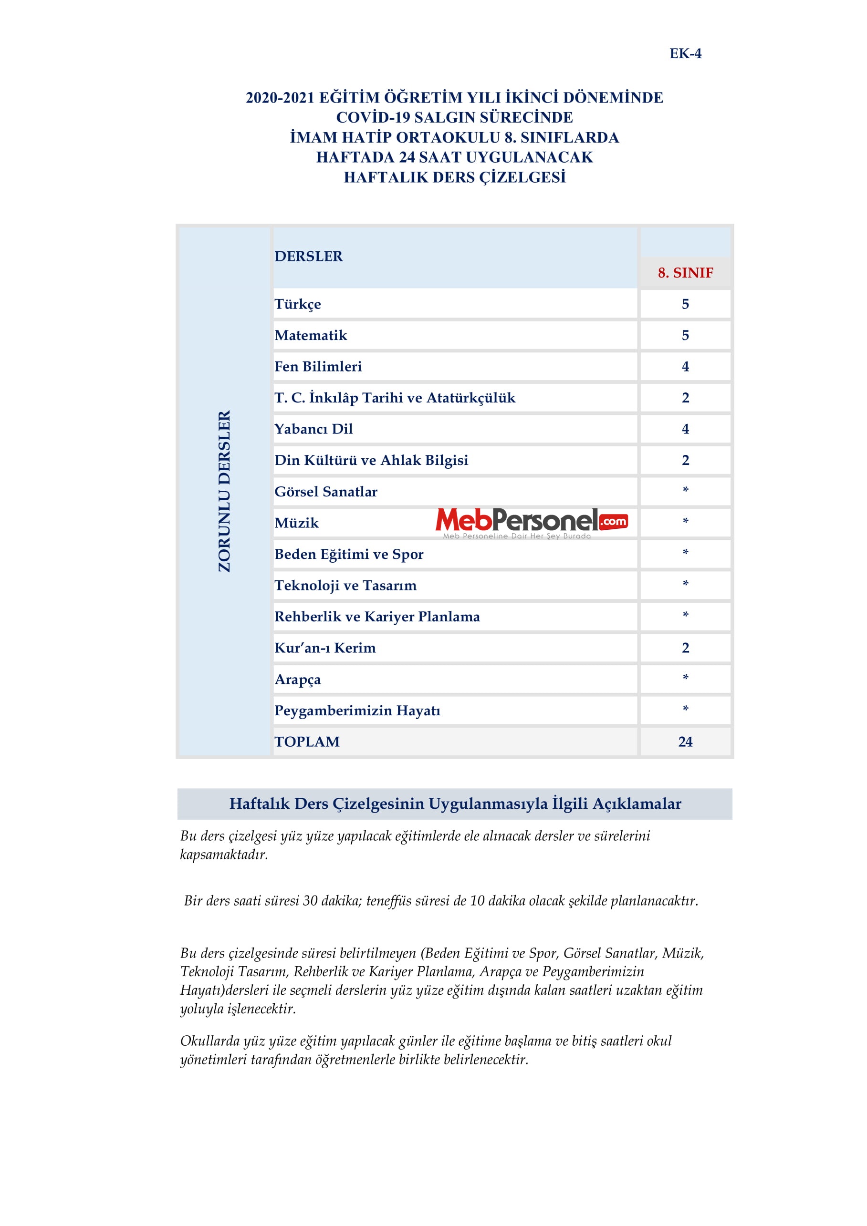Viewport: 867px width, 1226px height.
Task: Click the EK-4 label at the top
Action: click(685, 53)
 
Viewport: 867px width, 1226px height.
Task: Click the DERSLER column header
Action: click(308, 256)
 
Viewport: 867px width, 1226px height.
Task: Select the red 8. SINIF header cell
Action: click(685, 273)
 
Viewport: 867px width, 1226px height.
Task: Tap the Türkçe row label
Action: click(298, 304)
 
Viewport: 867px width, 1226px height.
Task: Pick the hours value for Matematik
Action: click(685, 335)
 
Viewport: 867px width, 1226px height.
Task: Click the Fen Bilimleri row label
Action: click(318, 366)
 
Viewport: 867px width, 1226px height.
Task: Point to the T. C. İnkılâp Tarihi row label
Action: click(395, 398)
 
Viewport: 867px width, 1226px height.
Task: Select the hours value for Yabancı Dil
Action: click(685, 429)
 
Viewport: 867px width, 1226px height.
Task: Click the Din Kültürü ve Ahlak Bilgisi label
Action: click(371, 460)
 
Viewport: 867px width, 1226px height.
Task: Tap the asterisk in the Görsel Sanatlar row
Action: click(685, 490)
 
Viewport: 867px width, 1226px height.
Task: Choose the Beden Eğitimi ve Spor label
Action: click(349, 554)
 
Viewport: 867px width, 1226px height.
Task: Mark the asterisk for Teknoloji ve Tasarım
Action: click(685, 584)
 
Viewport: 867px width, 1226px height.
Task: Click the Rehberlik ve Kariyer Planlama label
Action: click(377, 617)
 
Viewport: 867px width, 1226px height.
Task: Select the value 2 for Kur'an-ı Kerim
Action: click(685, 648)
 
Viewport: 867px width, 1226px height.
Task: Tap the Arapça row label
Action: click(298, 679)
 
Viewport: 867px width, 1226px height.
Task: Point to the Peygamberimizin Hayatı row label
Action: click(357, 711)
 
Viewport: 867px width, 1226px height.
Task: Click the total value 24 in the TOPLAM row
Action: click(685, 742)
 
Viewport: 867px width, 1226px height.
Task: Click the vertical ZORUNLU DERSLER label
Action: click(224, 491)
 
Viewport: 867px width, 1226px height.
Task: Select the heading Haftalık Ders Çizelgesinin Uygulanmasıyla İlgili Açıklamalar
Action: click(455, 804)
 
